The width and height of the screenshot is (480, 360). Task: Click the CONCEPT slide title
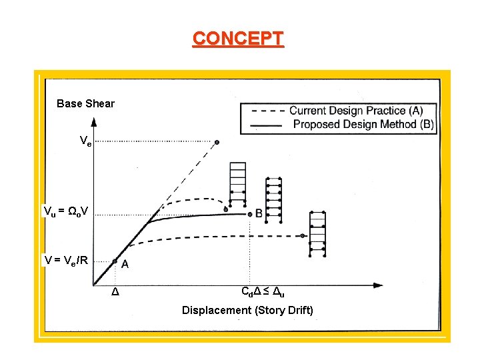238,38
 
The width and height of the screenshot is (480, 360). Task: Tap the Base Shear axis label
85,103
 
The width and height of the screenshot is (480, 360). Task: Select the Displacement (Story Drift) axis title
247,310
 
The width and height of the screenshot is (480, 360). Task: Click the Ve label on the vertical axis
85,141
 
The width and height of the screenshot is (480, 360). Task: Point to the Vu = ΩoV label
65,211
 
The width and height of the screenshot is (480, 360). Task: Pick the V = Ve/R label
66,260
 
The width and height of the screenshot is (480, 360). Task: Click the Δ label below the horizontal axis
115,293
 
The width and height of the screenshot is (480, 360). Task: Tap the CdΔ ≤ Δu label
263,291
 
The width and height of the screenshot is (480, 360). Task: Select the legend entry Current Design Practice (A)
355,111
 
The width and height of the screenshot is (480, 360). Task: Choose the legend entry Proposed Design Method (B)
363,124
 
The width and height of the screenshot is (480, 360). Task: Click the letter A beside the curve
125,264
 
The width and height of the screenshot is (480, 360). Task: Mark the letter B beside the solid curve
259,214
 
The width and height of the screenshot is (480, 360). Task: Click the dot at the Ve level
217,142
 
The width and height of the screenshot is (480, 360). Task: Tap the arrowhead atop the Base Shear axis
94,122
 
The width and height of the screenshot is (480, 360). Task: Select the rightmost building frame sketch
317,234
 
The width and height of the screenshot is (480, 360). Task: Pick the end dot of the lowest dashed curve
303,236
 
